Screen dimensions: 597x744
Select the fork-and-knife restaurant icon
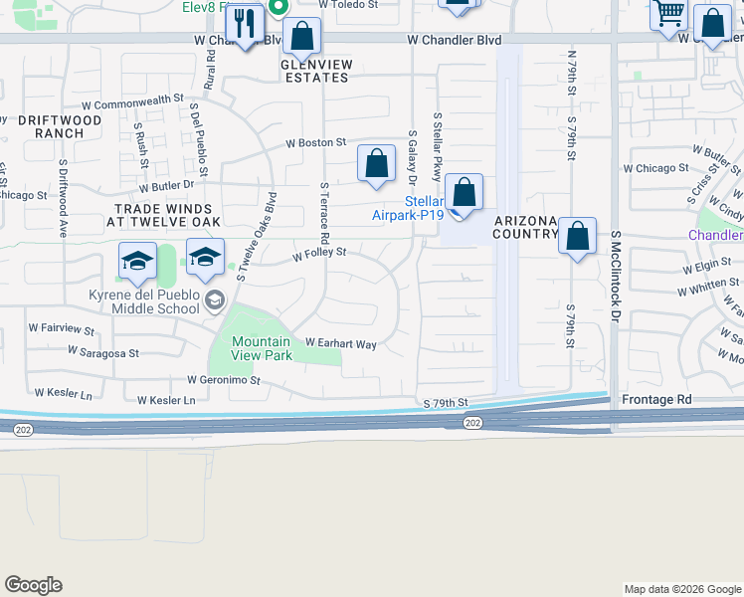tap(244, 24)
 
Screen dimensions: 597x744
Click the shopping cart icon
tap(669, 14)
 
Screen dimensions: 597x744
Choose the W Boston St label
tap(315, 143)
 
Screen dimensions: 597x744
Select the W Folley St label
tap(318, 254)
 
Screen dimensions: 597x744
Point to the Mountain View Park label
tap(261, 348)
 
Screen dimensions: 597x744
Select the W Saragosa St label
tap(102, 352)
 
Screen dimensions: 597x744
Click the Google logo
tap(33, 585)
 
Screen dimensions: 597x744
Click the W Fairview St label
tap(61, 328)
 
